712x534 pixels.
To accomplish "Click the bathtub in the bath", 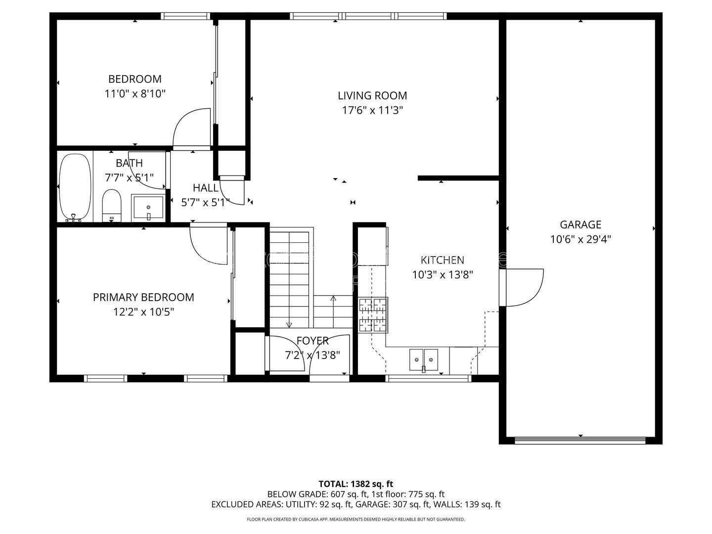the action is [x=75, y=187].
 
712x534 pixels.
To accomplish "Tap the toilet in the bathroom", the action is [x=112, y=206].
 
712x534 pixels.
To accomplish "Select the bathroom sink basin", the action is [x=148, y=208].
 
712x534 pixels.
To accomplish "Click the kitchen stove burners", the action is [x=373, y=315].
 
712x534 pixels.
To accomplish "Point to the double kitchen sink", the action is [x=423, y=360].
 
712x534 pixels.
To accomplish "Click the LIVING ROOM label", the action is [x=372, y=95].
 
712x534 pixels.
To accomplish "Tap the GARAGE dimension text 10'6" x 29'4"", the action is [x=580, y=240].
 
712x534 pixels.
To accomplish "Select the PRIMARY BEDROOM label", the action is [x=143, y=297].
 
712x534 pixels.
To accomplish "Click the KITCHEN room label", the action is [x=442, y=260].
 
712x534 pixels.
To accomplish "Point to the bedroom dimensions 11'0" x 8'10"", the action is [x=135, y=94].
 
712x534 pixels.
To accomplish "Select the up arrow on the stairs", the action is [x=333, y=311].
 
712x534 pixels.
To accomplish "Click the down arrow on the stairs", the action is [x=289, y=279].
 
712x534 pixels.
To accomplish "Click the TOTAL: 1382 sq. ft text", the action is [x=356, y=484].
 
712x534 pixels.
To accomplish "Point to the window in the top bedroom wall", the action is [x=185, y=16].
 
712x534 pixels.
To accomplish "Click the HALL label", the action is [x=205, y=188].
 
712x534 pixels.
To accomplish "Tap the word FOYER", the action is [x=312, y=341].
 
